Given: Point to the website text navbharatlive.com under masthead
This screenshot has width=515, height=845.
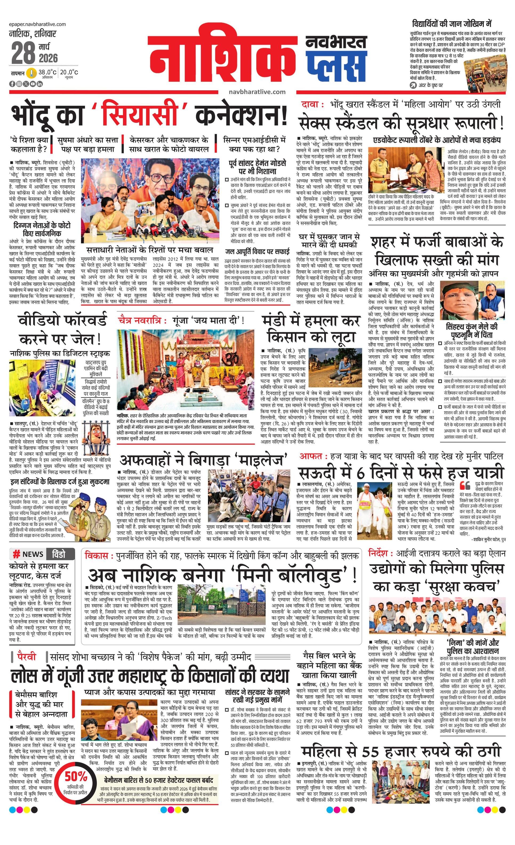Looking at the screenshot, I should (257, 92).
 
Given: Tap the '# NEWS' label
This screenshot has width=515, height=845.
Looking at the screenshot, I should (28, 554).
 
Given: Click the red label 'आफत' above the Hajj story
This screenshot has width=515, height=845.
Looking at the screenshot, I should (311, 456).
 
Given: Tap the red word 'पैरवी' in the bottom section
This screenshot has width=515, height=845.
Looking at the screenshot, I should (26, 656).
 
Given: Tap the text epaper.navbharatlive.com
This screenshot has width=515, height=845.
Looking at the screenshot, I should (37, 24).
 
